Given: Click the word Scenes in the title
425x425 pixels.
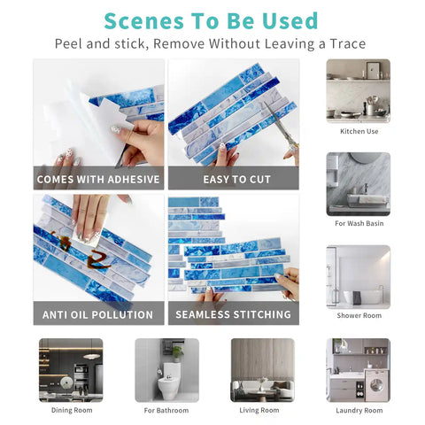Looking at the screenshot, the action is click(144, 21).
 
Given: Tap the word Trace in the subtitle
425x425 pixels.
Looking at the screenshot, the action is click(348, 43).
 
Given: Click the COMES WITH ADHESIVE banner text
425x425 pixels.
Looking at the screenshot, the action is click(98, 179).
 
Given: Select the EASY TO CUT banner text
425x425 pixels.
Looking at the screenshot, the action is click(236, 179).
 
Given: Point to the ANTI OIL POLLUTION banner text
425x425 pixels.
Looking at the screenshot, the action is click(97, 314).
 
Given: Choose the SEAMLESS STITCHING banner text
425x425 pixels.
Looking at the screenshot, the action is click(233, 314).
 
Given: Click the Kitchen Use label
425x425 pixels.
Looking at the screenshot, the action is click(359, 131).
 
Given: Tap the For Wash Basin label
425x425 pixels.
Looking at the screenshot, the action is click(359, 223).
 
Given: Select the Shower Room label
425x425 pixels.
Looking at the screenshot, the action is click(359, 315).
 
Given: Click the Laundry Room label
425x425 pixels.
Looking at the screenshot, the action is click(359, 410).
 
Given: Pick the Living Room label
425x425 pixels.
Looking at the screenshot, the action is click(259, 410).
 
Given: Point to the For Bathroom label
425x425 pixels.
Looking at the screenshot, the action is click(166, 410).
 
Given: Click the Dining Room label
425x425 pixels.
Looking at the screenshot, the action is click(72, 410).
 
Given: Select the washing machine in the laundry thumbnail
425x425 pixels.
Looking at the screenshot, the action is click(376, 384).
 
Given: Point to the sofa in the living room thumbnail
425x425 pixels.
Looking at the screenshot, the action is click(262, 389).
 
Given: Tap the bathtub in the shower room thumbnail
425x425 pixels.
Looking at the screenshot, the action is click(365, 297).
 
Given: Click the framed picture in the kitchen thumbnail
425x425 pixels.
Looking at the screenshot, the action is click(374, 70).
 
